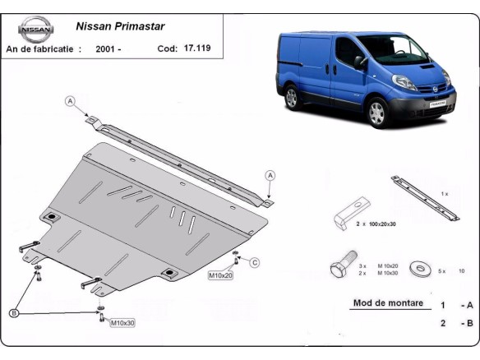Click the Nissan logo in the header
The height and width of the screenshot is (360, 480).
pyautogui.click(x=35, y=30)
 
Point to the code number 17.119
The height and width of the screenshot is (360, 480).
pyautogui.click(x=196, y=48)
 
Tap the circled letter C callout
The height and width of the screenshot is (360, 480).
pyautogui.click(x=255, y=263)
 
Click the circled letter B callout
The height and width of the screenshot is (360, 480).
pyautogui.click(x=14, y=312)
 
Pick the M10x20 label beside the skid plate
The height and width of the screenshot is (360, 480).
pyautogui.click(x=220, y=275)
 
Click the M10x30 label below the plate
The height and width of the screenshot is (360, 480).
pyautogui.click(x=123, y=323)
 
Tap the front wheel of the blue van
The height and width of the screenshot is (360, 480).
pyautogui.click(x=376, y=112)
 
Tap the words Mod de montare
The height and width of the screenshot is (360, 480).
pyautogui.click(x=388, y=302)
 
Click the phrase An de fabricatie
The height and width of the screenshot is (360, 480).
pyautogui.click(x=44, y=48)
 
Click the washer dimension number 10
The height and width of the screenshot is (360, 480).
pyautogui.click(x=461, y=270)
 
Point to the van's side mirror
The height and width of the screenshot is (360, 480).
pyautogui.click(x=359, y=61)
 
